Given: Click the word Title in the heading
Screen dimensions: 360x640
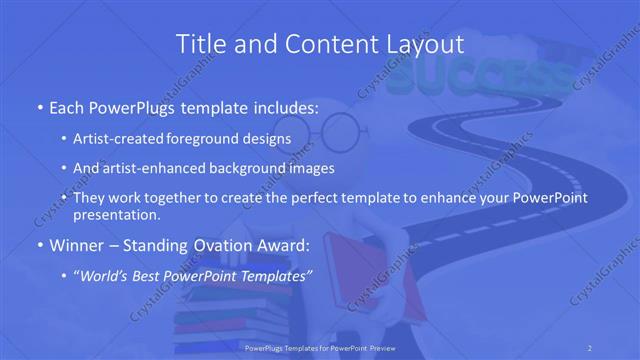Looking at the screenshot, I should (x=198, y=44).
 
